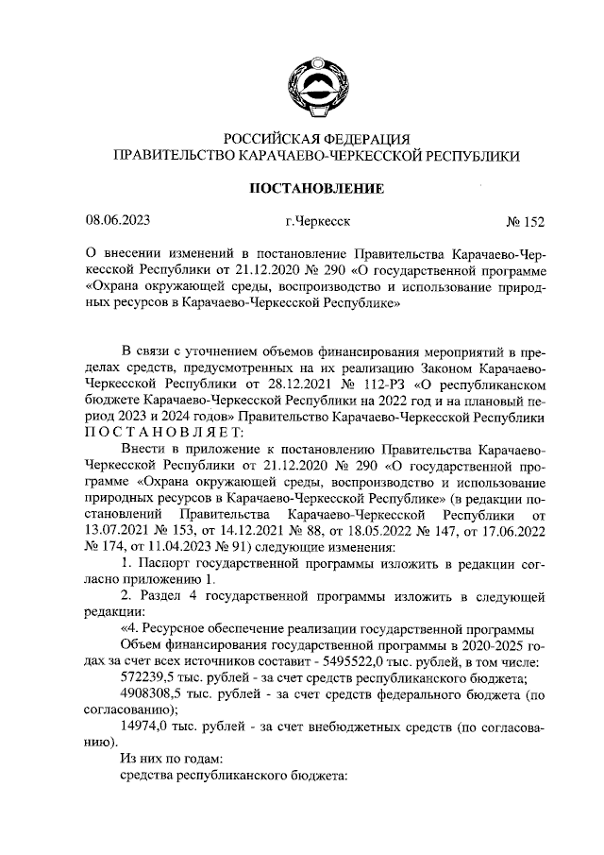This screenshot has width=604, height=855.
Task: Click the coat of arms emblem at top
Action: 316,77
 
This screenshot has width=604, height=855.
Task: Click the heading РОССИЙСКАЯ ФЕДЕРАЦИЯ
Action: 316,138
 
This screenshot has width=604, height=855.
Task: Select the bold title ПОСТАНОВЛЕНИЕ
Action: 316,188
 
